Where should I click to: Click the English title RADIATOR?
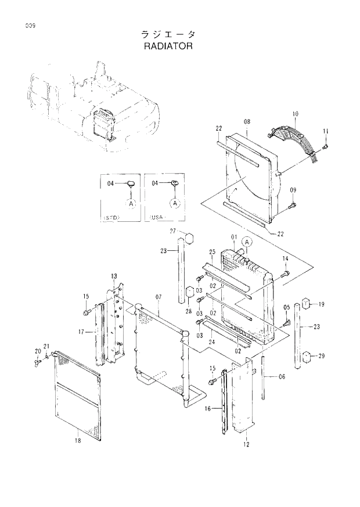[167, 45]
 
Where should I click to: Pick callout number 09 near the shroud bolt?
[293, 190]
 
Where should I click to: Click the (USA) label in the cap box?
[157, 217]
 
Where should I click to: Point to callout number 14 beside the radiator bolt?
[285, 258]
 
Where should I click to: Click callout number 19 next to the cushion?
[321, 304]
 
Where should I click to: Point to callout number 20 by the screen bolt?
[38, 351]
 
